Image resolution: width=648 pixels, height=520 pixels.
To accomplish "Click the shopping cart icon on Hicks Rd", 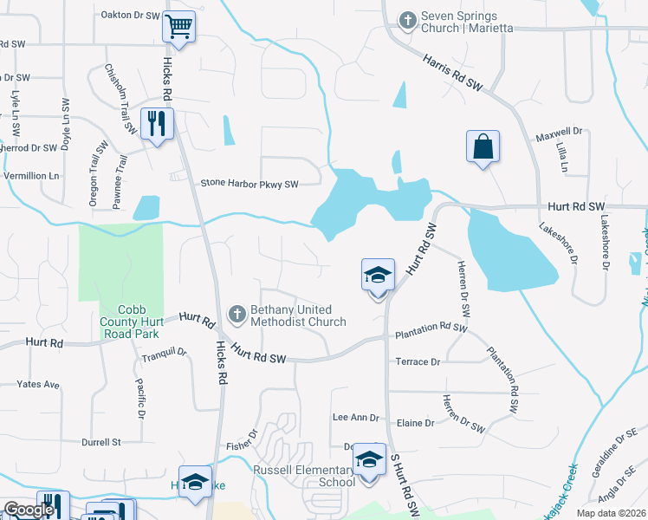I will (178, 27).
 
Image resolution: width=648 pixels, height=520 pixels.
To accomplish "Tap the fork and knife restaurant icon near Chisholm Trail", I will (157, 123).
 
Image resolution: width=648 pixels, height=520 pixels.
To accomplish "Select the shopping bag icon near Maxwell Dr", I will (483, 146).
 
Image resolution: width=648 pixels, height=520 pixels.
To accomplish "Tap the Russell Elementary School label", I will (302, 476).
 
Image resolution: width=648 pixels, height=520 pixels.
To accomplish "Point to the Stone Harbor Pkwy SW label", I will (249, 184).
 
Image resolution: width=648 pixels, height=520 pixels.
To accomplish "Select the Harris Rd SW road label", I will (452, 72).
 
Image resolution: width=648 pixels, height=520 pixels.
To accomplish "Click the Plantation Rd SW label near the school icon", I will (431, 330).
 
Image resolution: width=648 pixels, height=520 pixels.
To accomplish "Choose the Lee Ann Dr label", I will (356, 418).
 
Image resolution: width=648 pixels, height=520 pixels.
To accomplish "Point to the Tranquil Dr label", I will (164, 352).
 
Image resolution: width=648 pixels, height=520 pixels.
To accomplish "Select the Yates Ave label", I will (38, 384).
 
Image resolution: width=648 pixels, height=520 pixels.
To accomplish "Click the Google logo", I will (28, 510).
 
